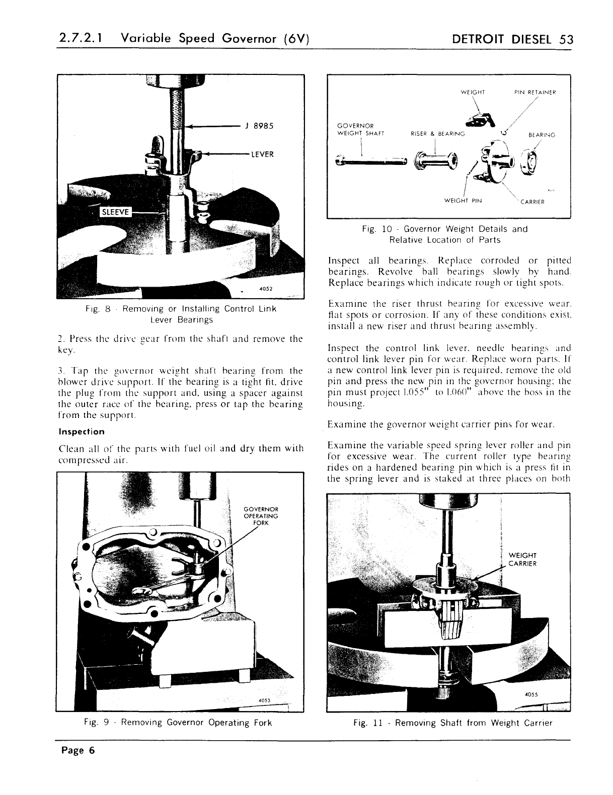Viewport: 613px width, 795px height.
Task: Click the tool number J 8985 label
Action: pos(260,126)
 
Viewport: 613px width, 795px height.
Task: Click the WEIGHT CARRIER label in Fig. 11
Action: pos(523,559)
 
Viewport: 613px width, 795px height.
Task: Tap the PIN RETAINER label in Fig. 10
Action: pos(535,92)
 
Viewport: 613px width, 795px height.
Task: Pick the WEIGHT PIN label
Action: pos(463,201)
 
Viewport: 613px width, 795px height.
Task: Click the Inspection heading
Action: pos(82,431)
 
